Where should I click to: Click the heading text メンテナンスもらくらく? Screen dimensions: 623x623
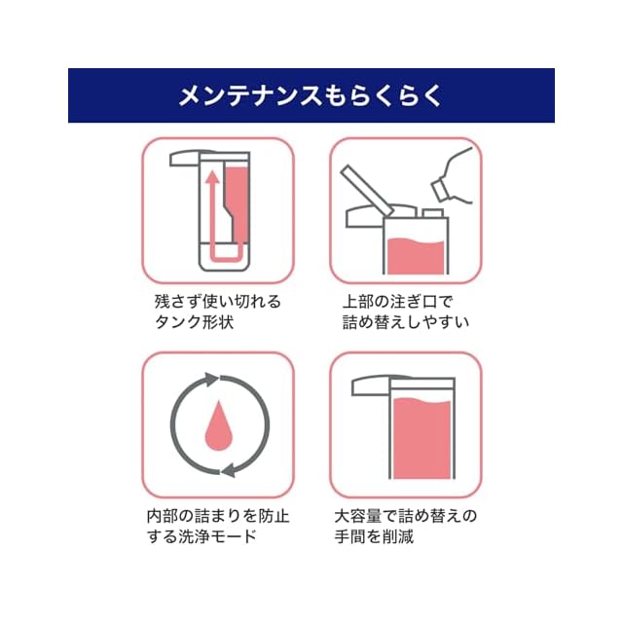click(x=311, y=95)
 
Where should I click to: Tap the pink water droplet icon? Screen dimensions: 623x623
click(x=218, y=426)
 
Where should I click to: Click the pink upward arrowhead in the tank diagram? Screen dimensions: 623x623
click(x=213, y=177)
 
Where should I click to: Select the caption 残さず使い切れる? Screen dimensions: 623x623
click(x=218, y=302)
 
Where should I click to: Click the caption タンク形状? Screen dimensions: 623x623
click(x=194, y=322)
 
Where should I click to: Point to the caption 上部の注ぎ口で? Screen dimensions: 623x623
click(x=398, y=302)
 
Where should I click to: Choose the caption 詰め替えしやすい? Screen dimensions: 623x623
click(x=406, y=322)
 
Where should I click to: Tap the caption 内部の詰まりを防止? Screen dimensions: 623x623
click(x=218, y=516)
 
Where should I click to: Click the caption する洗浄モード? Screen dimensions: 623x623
click(x=202, y=536)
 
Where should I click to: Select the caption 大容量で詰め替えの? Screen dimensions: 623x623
click(x=406, y=516)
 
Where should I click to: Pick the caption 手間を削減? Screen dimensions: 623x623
click(x=374, y=536)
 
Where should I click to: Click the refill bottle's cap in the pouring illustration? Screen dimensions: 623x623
click(x=440, y=190)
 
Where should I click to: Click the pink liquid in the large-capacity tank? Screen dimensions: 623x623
click(x=421, y=438)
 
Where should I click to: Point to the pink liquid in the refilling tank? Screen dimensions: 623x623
click(x=416, y=257)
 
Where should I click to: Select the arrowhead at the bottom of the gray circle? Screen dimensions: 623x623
click(x=228, y=469)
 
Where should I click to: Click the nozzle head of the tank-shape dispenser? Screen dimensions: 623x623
click(x=185, y=158)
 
